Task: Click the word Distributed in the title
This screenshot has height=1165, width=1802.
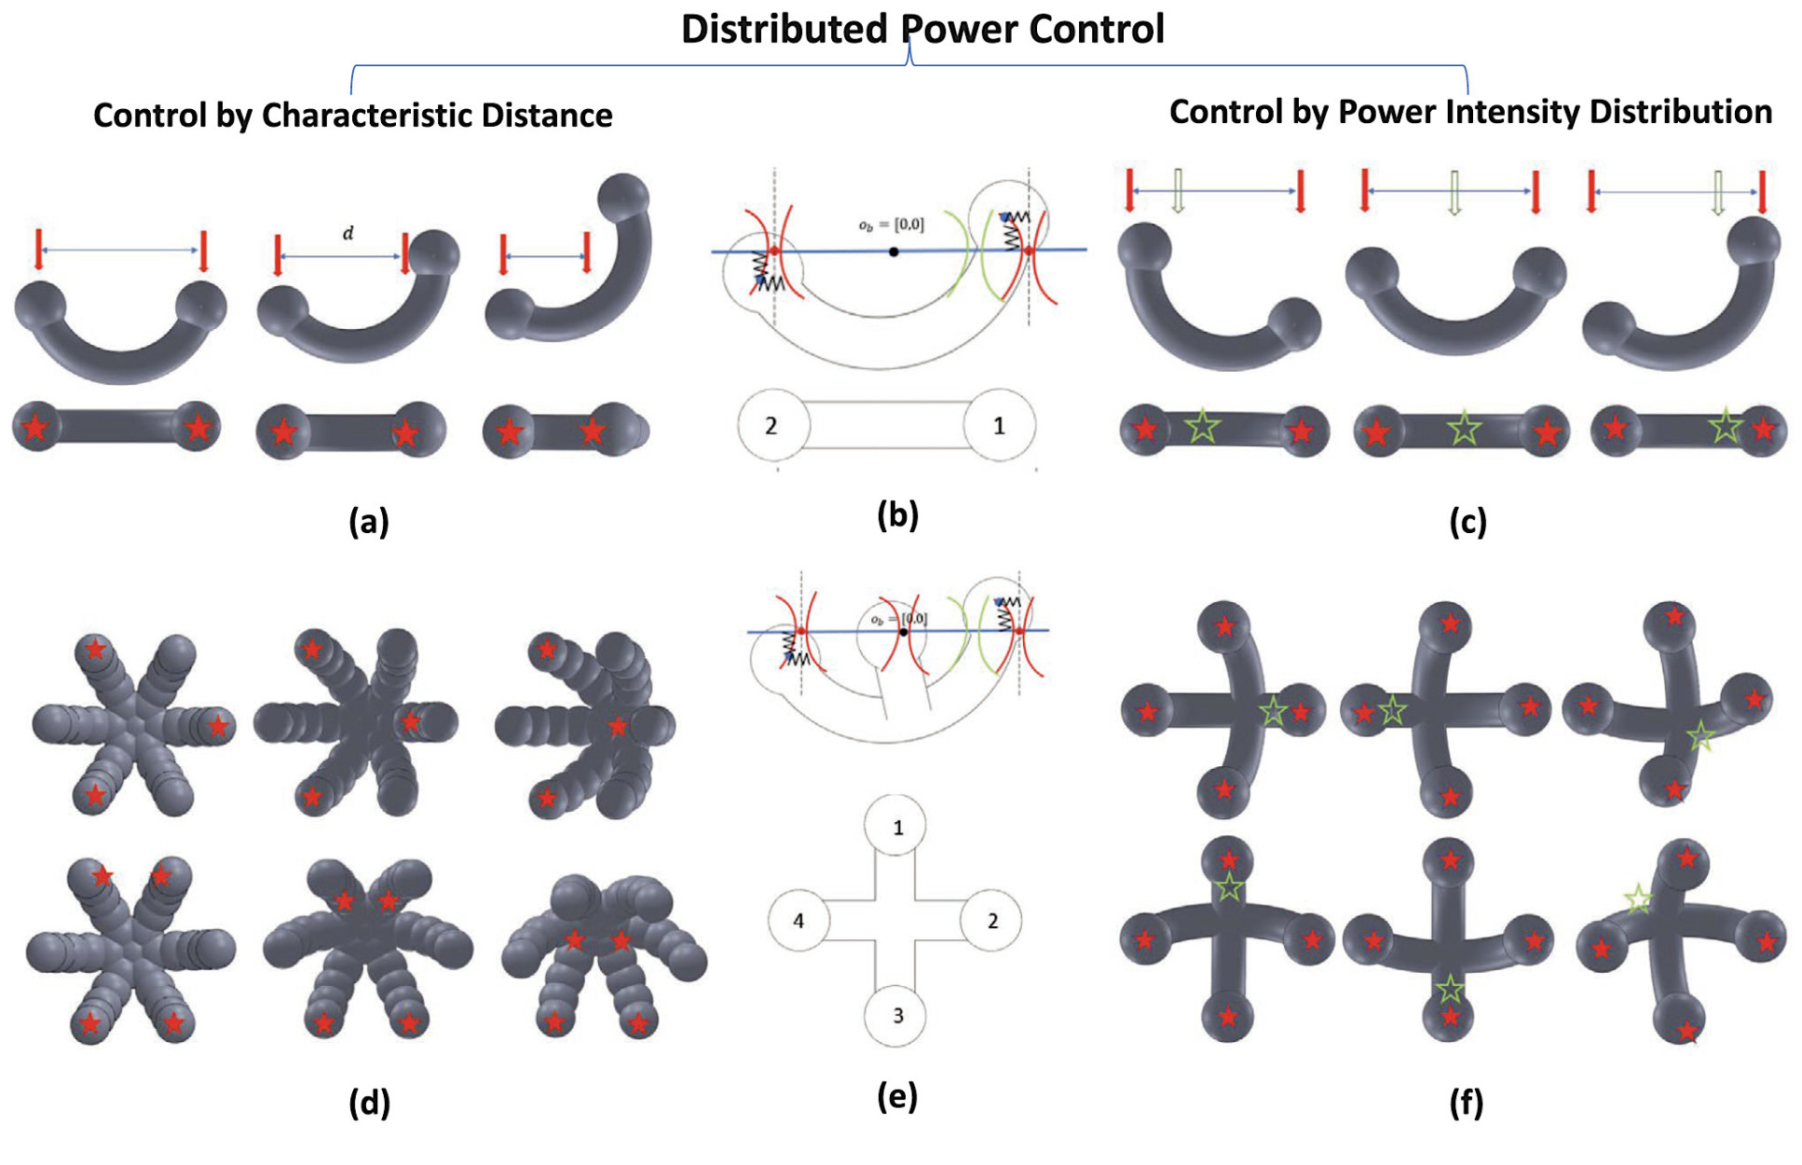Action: [x=784, y=29]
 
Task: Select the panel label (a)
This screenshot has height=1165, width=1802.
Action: [x=369, y=521]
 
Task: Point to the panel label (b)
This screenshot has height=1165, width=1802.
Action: [x=897, y=514]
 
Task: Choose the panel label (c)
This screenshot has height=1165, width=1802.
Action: [x=1468, y=522]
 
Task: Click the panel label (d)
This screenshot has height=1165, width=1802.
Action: [x=369, y=1103]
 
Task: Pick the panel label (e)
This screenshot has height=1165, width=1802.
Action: [x=897, y=1096]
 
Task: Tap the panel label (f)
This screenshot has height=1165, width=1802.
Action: [x=1466, y=1103]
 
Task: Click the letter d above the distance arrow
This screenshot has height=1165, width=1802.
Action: [x=348, y=233]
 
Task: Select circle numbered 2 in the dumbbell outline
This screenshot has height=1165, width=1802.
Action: [x=771, y=426]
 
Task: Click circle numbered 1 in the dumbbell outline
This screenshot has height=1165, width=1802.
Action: [x=999, y=426]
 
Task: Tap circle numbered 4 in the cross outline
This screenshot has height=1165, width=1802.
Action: [x=799, y=921]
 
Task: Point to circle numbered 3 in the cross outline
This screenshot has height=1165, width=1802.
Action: [x=897, y=1015]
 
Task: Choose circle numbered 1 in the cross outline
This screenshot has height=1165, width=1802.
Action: [x=897, y=827]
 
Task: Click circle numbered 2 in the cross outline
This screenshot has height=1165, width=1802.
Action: [x=992, y=921]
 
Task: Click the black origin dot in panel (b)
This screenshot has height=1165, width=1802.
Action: [x=894, y=252]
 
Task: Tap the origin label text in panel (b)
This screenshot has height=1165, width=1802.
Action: [x=891, y=225]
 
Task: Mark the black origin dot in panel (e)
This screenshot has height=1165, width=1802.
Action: [x=903, y=632]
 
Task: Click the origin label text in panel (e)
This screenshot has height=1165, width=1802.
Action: [x=898, y=619]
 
